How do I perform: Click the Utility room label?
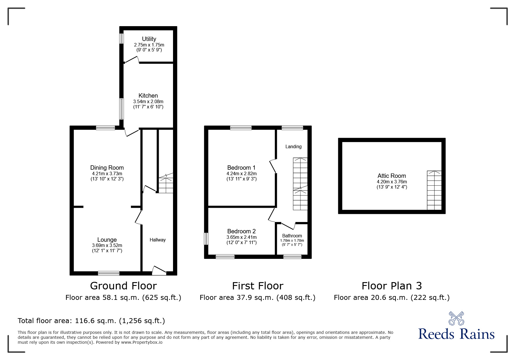click(x=149, y=39)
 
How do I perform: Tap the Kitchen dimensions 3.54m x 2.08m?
click(x=148, y=102)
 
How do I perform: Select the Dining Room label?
click(x=107, y=168)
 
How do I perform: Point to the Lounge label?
click(x=107, y=240)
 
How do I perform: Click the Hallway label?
click(x=158, y=240)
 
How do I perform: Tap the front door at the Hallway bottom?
click(x=159, y=271)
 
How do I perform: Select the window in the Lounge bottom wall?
click(x=108, y=273)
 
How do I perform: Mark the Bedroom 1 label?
click(x=241, y=168)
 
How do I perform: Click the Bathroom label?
click(x=292, y=236)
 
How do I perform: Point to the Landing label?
click(x=293, y=146)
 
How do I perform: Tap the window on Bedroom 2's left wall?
click(x=206, y=239)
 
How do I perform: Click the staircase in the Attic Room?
click(x=434, y=190)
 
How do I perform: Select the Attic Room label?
click(x=392, y=176)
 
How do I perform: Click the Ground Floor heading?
click(x=123, y=286)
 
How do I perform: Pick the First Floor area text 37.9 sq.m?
click(x=257, y=298)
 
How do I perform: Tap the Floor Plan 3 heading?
click(x=392, y=286)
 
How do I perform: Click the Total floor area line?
click(x=91, y=321)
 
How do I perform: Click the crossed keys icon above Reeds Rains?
click(x=456, y=318)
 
